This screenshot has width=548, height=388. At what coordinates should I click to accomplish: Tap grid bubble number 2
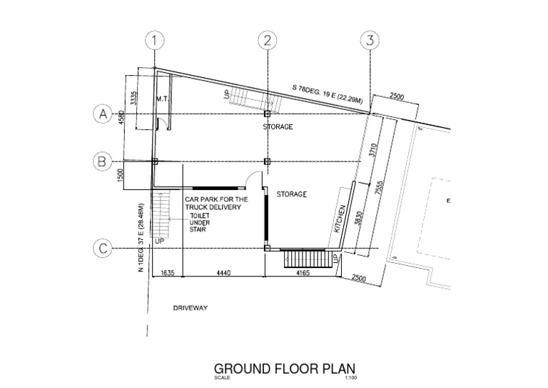(267, 41)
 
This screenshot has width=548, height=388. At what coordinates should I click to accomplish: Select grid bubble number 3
(370, 41)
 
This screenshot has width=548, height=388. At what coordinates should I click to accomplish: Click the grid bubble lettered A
(103, 114)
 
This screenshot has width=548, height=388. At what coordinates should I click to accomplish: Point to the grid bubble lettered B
(103, 161)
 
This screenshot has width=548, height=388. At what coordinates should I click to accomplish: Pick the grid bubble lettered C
(103, 249)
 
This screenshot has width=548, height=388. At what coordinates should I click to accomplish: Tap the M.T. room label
(161, 99)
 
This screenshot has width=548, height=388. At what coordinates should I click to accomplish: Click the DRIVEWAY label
(190, 309)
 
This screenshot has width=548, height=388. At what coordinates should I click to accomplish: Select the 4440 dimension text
(223, 273)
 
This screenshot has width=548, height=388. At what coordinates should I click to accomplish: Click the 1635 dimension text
(168, 273)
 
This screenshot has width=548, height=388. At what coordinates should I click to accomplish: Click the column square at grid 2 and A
(267, 114)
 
